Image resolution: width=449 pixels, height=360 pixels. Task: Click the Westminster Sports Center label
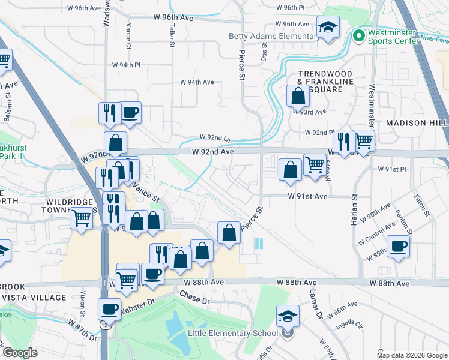pyautogui.click(x=402, y=38)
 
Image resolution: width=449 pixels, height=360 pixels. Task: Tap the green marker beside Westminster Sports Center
pyautogui.click(x=359, y=36)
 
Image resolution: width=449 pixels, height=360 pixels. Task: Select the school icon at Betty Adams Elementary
pyautogui.click(x=327, y=28)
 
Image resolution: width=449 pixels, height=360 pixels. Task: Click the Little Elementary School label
pyautogui.click(x=233, y=333)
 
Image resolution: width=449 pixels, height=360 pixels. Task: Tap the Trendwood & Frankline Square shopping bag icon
pyautogui.click(x=298, y=95)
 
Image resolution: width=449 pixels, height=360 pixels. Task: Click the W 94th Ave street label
pyautogui.click(x=197, y=82)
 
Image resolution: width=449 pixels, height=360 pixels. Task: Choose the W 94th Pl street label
pyautogui.click(x=126, y=65)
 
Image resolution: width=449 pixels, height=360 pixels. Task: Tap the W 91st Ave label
pyautogui.click(x=307, y=196)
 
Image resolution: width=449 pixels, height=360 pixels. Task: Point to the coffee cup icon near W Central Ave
pyautogui.click(x=397, y=245)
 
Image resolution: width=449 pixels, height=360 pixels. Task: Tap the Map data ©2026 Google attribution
pyautogui.click(x=412, y=355)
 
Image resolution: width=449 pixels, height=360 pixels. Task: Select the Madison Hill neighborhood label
pyautogui.click(x=417, y=122)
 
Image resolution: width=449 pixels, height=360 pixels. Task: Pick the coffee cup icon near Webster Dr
pyautogui.click(x=108, y=309)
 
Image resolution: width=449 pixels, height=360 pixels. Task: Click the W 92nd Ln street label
pyautogui.click(x=215, y=137)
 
